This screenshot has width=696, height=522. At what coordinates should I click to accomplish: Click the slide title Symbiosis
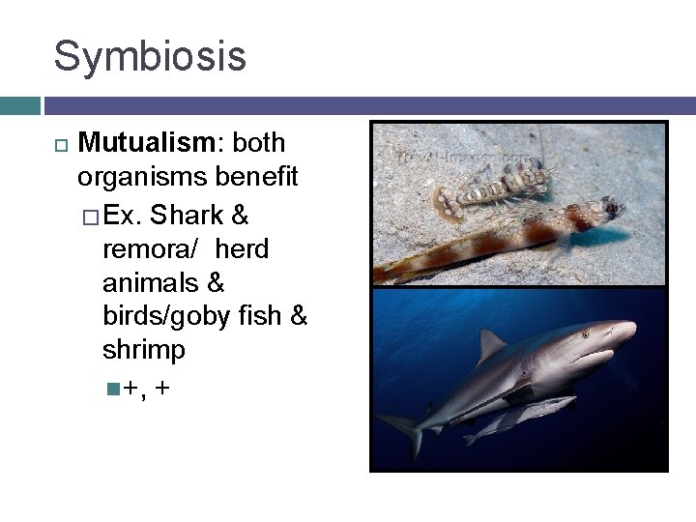pos(150,56)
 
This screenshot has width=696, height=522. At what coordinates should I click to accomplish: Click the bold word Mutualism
pos(148,143)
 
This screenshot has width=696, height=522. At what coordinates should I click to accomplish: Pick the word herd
pos(243,249)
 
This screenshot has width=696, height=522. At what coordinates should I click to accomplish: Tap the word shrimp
pos(143,350)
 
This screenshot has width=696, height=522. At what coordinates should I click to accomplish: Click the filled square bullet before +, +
pos(113,389)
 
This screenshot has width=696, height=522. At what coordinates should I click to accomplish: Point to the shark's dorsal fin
pos(491,343)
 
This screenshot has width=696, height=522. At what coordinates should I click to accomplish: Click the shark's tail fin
pos(406,430)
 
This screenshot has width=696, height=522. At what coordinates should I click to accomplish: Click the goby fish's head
pos(604,208)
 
